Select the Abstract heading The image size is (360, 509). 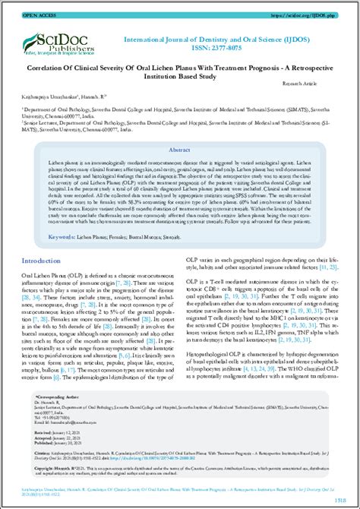pos(180,150)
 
